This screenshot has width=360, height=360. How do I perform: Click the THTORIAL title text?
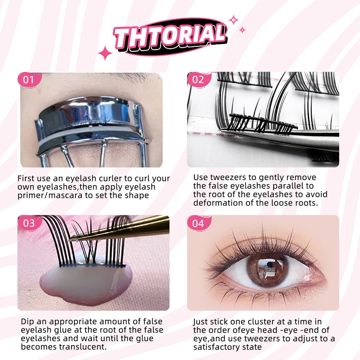170,37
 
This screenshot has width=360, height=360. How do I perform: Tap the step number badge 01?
29,80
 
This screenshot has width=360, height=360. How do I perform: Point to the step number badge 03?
30,223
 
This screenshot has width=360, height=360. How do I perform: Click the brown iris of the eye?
267,269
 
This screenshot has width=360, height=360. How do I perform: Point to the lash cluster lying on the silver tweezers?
262,123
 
